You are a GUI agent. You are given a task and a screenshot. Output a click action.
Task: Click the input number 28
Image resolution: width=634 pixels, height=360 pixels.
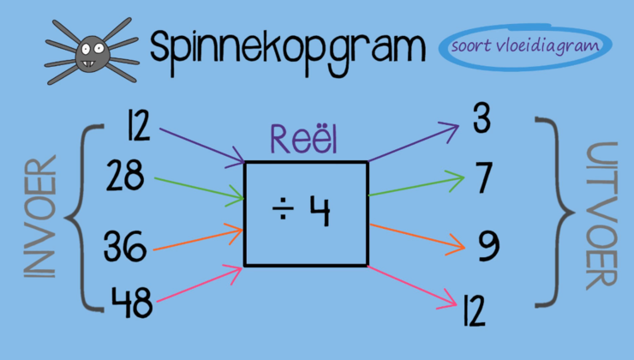[125, 178]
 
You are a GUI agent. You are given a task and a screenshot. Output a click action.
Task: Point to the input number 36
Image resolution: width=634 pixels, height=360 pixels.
[125, 247]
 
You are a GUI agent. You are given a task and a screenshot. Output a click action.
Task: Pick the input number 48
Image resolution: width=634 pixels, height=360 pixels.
[131, 301]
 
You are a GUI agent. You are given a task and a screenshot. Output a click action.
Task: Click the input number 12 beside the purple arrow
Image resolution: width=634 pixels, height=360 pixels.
[137, 127]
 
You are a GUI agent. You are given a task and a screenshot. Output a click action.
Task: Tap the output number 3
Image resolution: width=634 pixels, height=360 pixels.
[481, 121]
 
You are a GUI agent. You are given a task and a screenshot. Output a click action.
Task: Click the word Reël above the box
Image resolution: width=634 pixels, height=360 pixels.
[303, 140]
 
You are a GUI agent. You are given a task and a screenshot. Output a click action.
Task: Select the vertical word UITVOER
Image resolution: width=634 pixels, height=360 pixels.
[599, 214]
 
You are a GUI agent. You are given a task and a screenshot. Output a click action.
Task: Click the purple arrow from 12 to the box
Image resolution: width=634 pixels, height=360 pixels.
[200, 144]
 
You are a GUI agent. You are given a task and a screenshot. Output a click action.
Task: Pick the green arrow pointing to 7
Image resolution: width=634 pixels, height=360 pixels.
[416, 185]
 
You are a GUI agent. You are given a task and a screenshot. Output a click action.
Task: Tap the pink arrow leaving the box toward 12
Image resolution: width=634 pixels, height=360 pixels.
[411, 285]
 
